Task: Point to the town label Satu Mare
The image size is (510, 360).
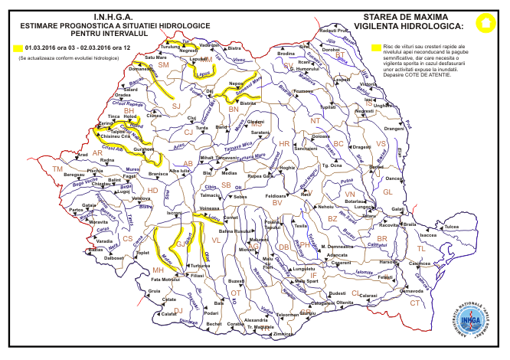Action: [155, 57]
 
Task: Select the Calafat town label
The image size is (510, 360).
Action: [168, 313]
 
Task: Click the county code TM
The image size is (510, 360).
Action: [57, 169]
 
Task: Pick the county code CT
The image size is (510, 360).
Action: [415, 303]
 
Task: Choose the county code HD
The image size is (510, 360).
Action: [152, 190]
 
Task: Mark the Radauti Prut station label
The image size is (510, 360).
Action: [333, 30]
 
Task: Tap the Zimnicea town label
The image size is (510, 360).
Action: [283, 334]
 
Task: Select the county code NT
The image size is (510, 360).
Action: [314, 120]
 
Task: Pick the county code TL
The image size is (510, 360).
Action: [420, 249]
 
